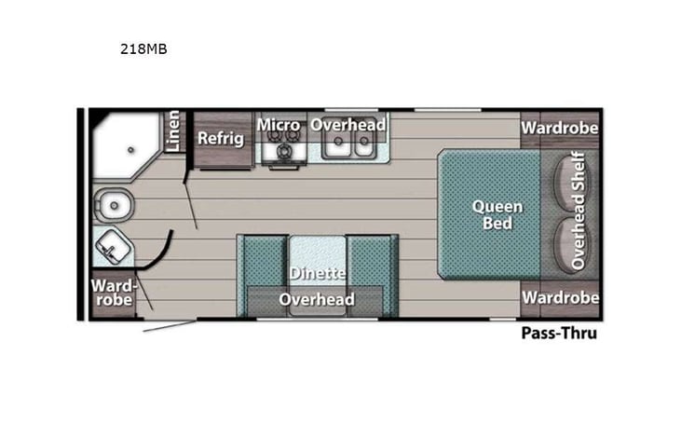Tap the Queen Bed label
click(497, 214)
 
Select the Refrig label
click(221, 139)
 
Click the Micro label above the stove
click(279, 124)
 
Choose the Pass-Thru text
click(559, 332)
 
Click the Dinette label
click(317, 274)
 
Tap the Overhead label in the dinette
click(317, 299)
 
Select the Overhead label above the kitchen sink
click(348, 124)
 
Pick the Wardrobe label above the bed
click(559, 127)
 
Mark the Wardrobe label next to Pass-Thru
click(559, 297)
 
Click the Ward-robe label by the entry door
click(115, 293)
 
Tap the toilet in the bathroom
click(114, 203)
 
